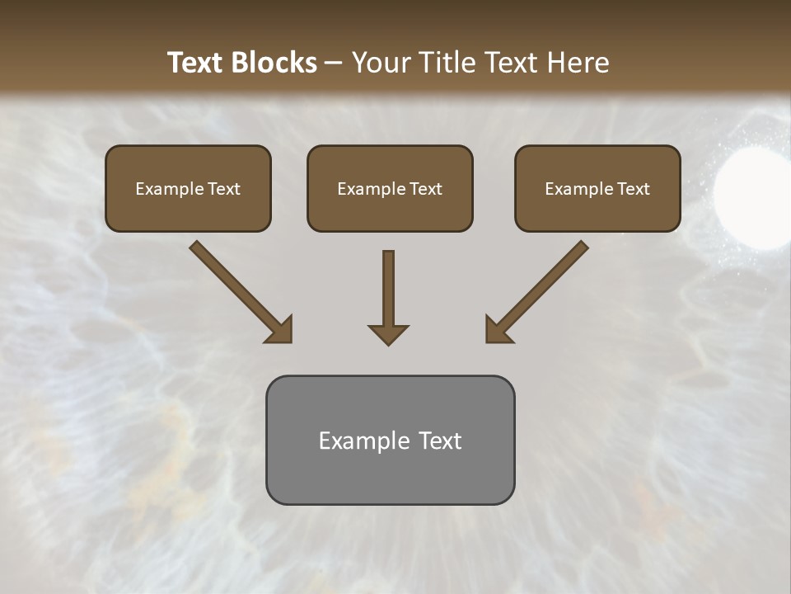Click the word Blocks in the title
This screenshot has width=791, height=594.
[274, 63]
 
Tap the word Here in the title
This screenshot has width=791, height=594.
[576, 63]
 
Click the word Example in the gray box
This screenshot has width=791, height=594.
[363, 441]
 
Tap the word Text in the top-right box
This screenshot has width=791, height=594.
[634, 189]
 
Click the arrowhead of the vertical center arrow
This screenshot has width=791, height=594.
[388, 333]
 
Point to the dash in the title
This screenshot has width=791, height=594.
[334, 63]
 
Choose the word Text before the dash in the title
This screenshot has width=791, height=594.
[197, 63]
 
